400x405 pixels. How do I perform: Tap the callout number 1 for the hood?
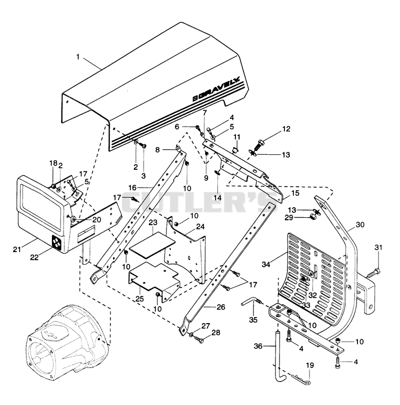coord(78,56)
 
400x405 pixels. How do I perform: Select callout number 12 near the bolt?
coord(286,129)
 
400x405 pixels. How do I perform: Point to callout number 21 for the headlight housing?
coord(17,249)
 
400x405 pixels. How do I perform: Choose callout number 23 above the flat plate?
coord(153,222)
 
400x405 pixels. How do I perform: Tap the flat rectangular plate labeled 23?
coord(152,245)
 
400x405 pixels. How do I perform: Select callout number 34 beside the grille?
coord(266,264)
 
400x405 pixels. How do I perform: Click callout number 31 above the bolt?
coord(378,247)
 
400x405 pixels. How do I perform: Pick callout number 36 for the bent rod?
coord(258,346)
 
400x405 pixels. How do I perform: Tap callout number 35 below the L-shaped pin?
coord(253,320)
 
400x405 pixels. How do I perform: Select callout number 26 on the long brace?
coord(221,307)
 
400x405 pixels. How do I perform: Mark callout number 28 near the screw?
coord(216,333)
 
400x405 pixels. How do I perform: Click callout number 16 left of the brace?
coord(132,188)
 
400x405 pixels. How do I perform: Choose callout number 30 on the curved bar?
coord(360,224)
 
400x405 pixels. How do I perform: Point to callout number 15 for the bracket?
coord(295,193)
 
